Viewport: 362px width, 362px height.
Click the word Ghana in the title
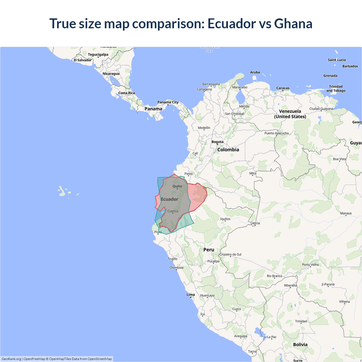(x=293, y=23)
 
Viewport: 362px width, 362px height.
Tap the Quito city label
(x=177, y=186)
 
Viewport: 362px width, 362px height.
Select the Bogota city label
(x=217, y=142)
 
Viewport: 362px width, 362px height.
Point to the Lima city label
(x=191, y=295)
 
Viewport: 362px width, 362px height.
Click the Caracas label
(x=283, y=88)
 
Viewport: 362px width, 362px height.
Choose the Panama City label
(x=168, y=102)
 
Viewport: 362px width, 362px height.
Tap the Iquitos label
(x=225, y=219)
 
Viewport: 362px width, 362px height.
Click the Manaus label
(x=346, y=213)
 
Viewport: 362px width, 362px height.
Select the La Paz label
(x=272, y=337)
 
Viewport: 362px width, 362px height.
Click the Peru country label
(x=209, y=250)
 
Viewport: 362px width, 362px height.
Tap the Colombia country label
(x=228, y=150)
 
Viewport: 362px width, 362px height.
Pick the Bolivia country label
(x=300, y=344)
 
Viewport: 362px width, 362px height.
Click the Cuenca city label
(x=173, y=211)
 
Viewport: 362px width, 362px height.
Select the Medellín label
(x=204, y=128)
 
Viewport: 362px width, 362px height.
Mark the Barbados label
(x=350, y=66)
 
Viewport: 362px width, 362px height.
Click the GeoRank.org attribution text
(x=11, y=359)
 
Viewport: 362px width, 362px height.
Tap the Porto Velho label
(x=310, y=265)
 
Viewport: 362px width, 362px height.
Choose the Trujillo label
(x=173, y=259)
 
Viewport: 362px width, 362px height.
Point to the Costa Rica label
(x=126, y=93)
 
